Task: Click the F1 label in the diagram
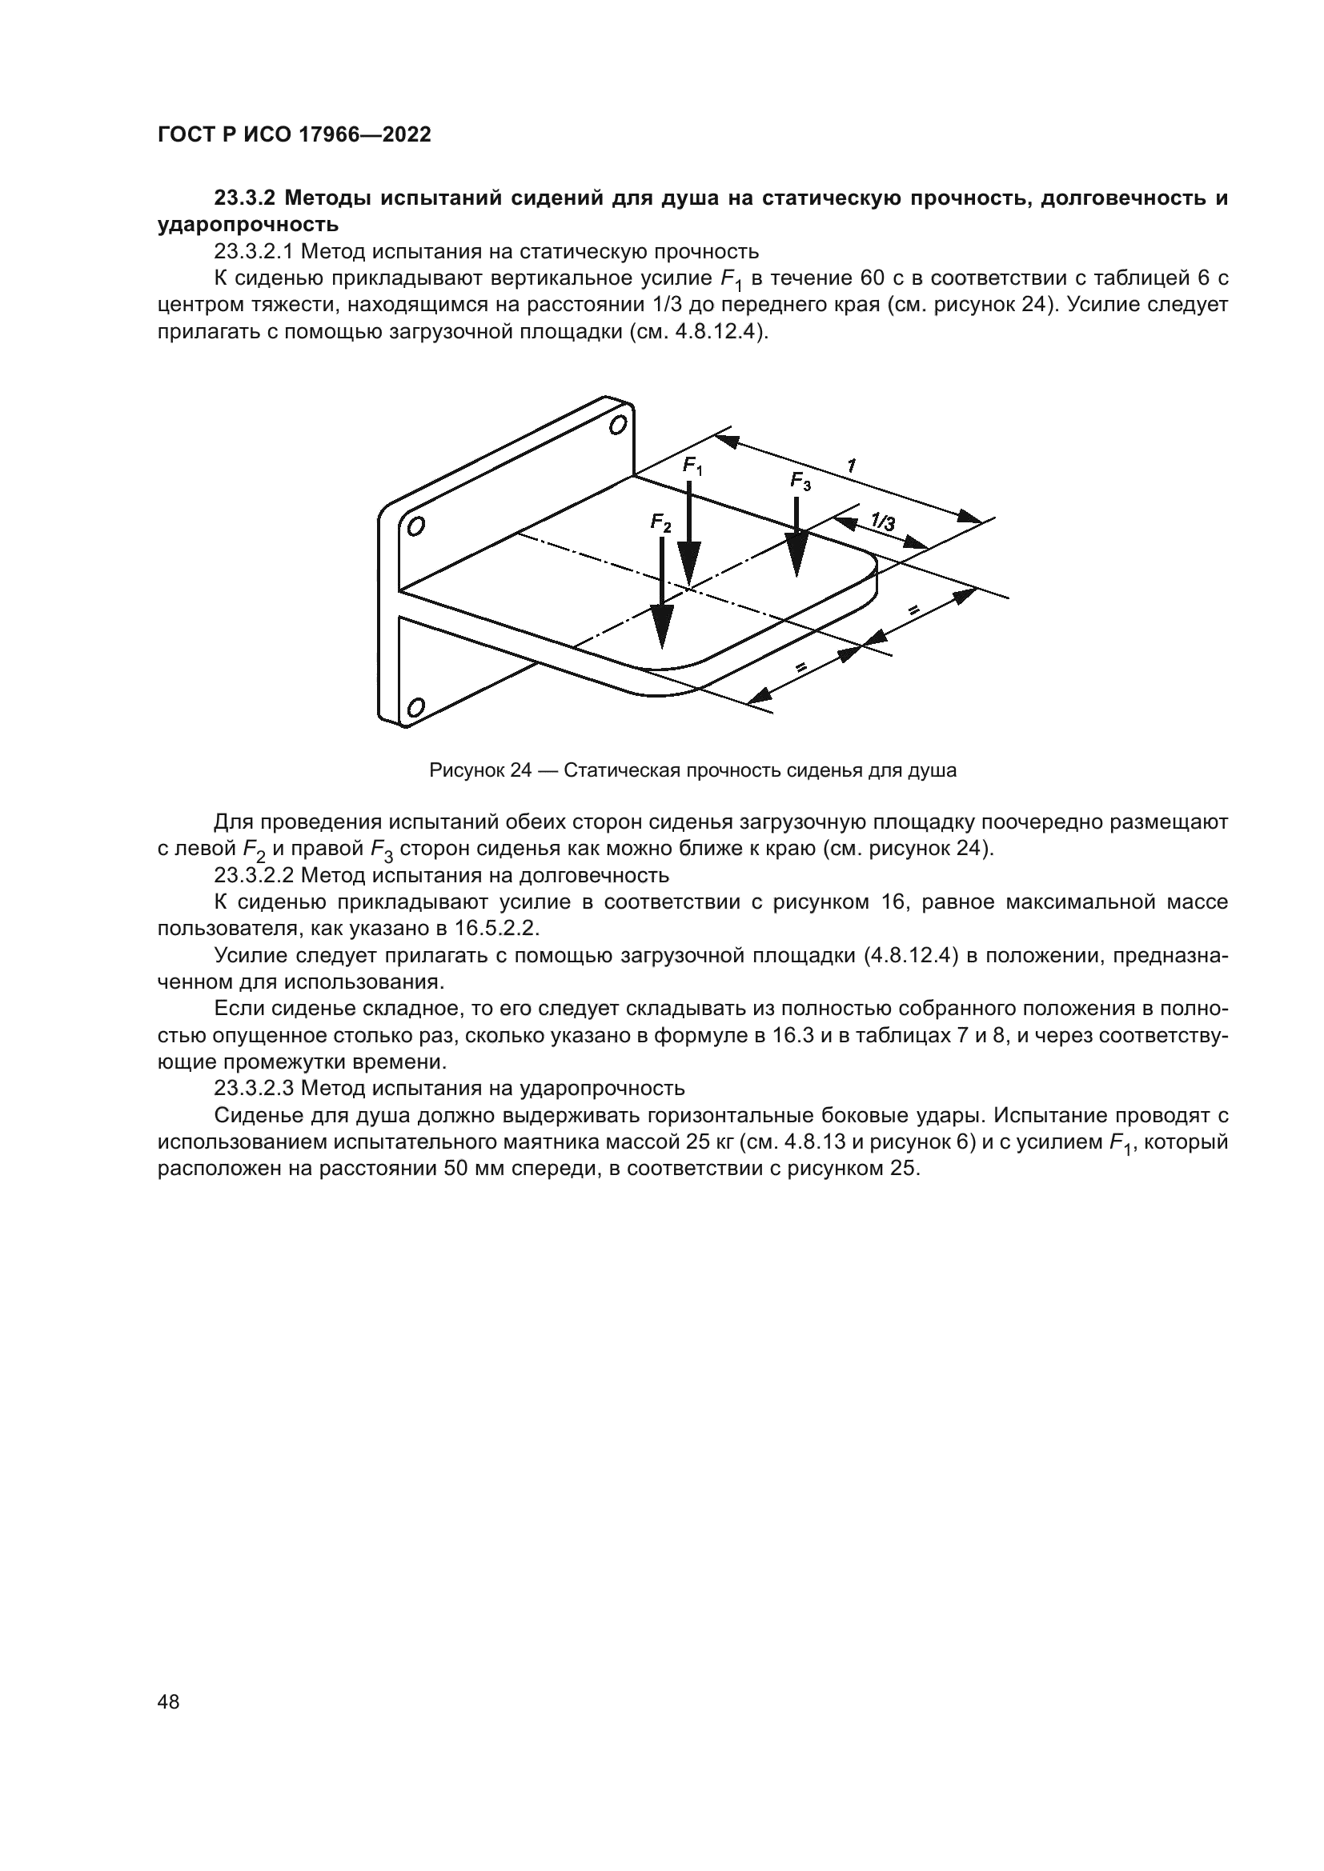692,467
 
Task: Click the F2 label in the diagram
660,523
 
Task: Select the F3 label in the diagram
800,482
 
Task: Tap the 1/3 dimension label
882,521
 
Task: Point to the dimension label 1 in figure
851,466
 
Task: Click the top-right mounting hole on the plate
619,425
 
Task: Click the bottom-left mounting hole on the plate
415,708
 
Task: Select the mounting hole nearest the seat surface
415,527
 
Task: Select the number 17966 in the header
333,135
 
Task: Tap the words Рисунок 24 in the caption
480,770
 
